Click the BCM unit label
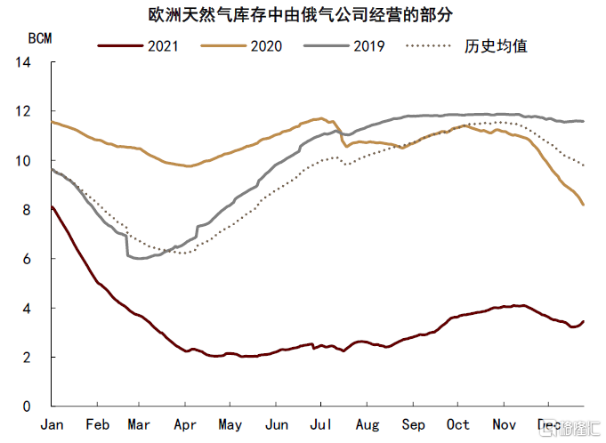tap(40, 39)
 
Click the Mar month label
tap(140, 424)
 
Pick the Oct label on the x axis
tap(457, 424)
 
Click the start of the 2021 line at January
tap(53, 207)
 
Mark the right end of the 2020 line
tap(584, 205)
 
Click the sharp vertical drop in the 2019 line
tap(127, 246)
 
